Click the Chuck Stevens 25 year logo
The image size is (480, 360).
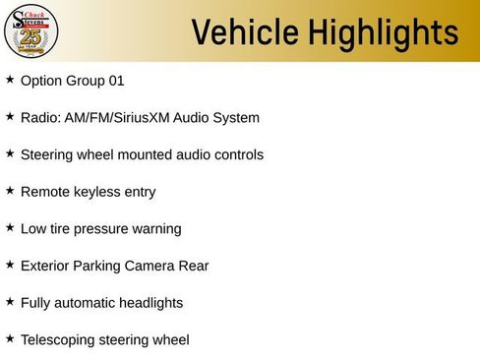click(x=31, y=31)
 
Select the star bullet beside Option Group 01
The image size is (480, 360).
click(x=10, y=80)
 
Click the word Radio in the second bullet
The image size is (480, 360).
click(x=39, y=118)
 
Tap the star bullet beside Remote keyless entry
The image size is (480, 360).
click(x=10, y=191)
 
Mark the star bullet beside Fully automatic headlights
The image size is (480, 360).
click(x=10, y=302)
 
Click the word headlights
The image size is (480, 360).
click(x=150, y=303)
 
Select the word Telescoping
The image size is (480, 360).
click(x=60, y=340)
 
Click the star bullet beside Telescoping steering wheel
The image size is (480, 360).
click(x=10, y=338)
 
